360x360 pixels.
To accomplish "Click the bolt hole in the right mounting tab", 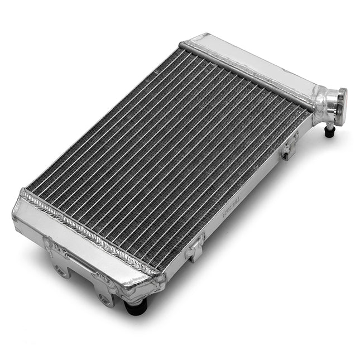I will (x=104, y=299).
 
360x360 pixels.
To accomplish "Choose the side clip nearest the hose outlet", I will (x=289, y=146).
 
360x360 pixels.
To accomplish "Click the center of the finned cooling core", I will (x=167, y=156).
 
